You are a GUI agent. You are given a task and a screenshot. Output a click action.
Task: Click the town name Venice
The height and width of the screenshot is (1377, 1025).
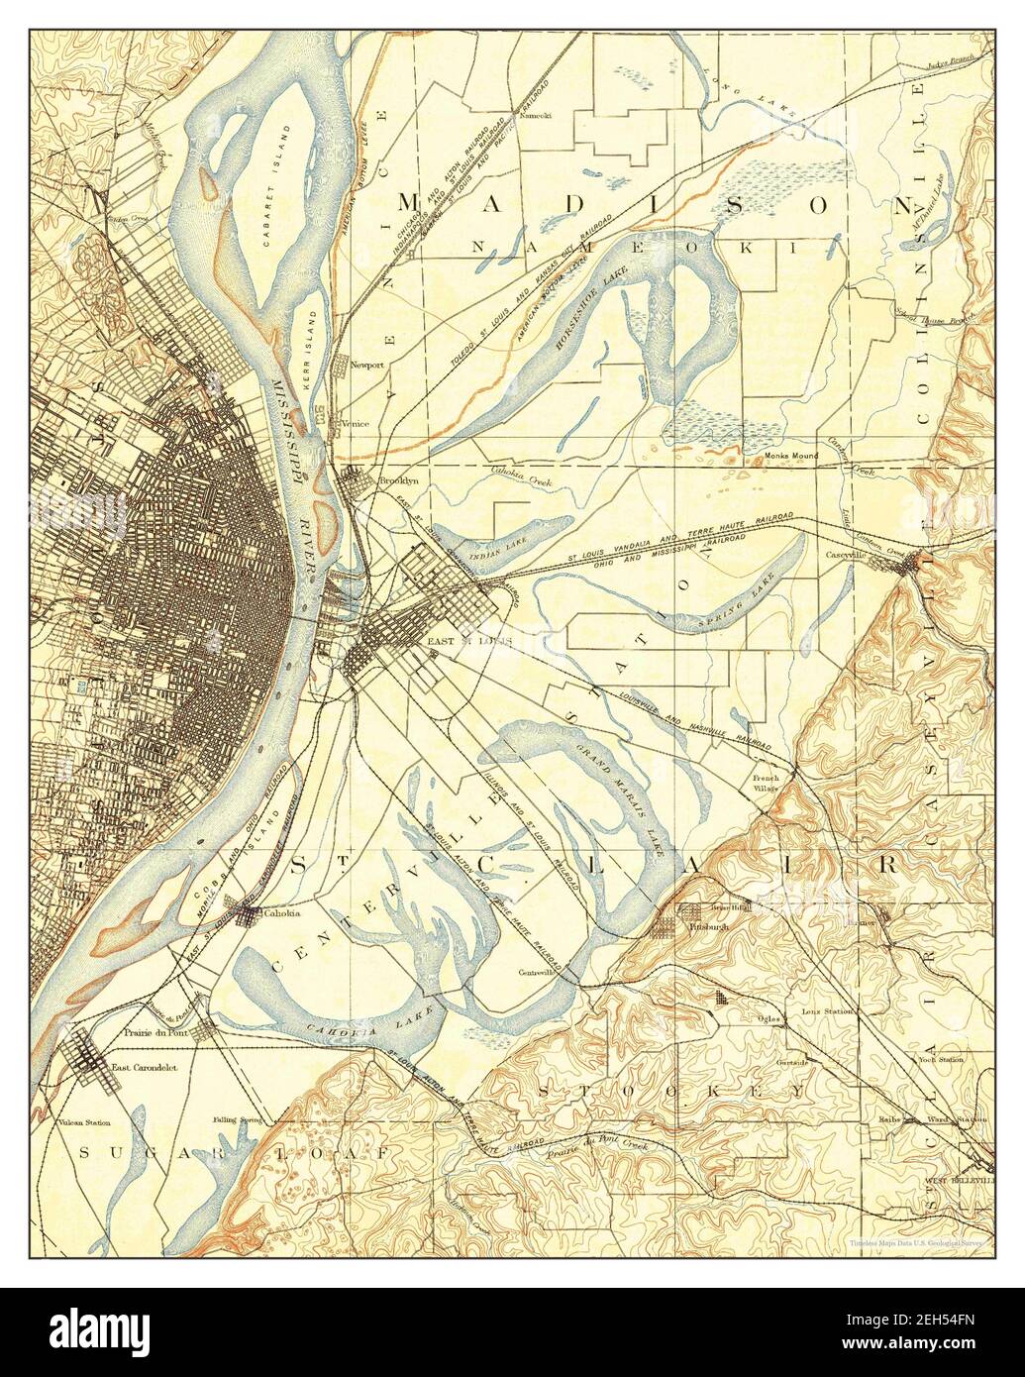tap(355, 424)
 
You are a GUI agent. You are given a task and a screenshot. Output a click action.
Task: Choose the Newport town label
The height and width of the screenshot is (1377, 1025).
tap(366, 365)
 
